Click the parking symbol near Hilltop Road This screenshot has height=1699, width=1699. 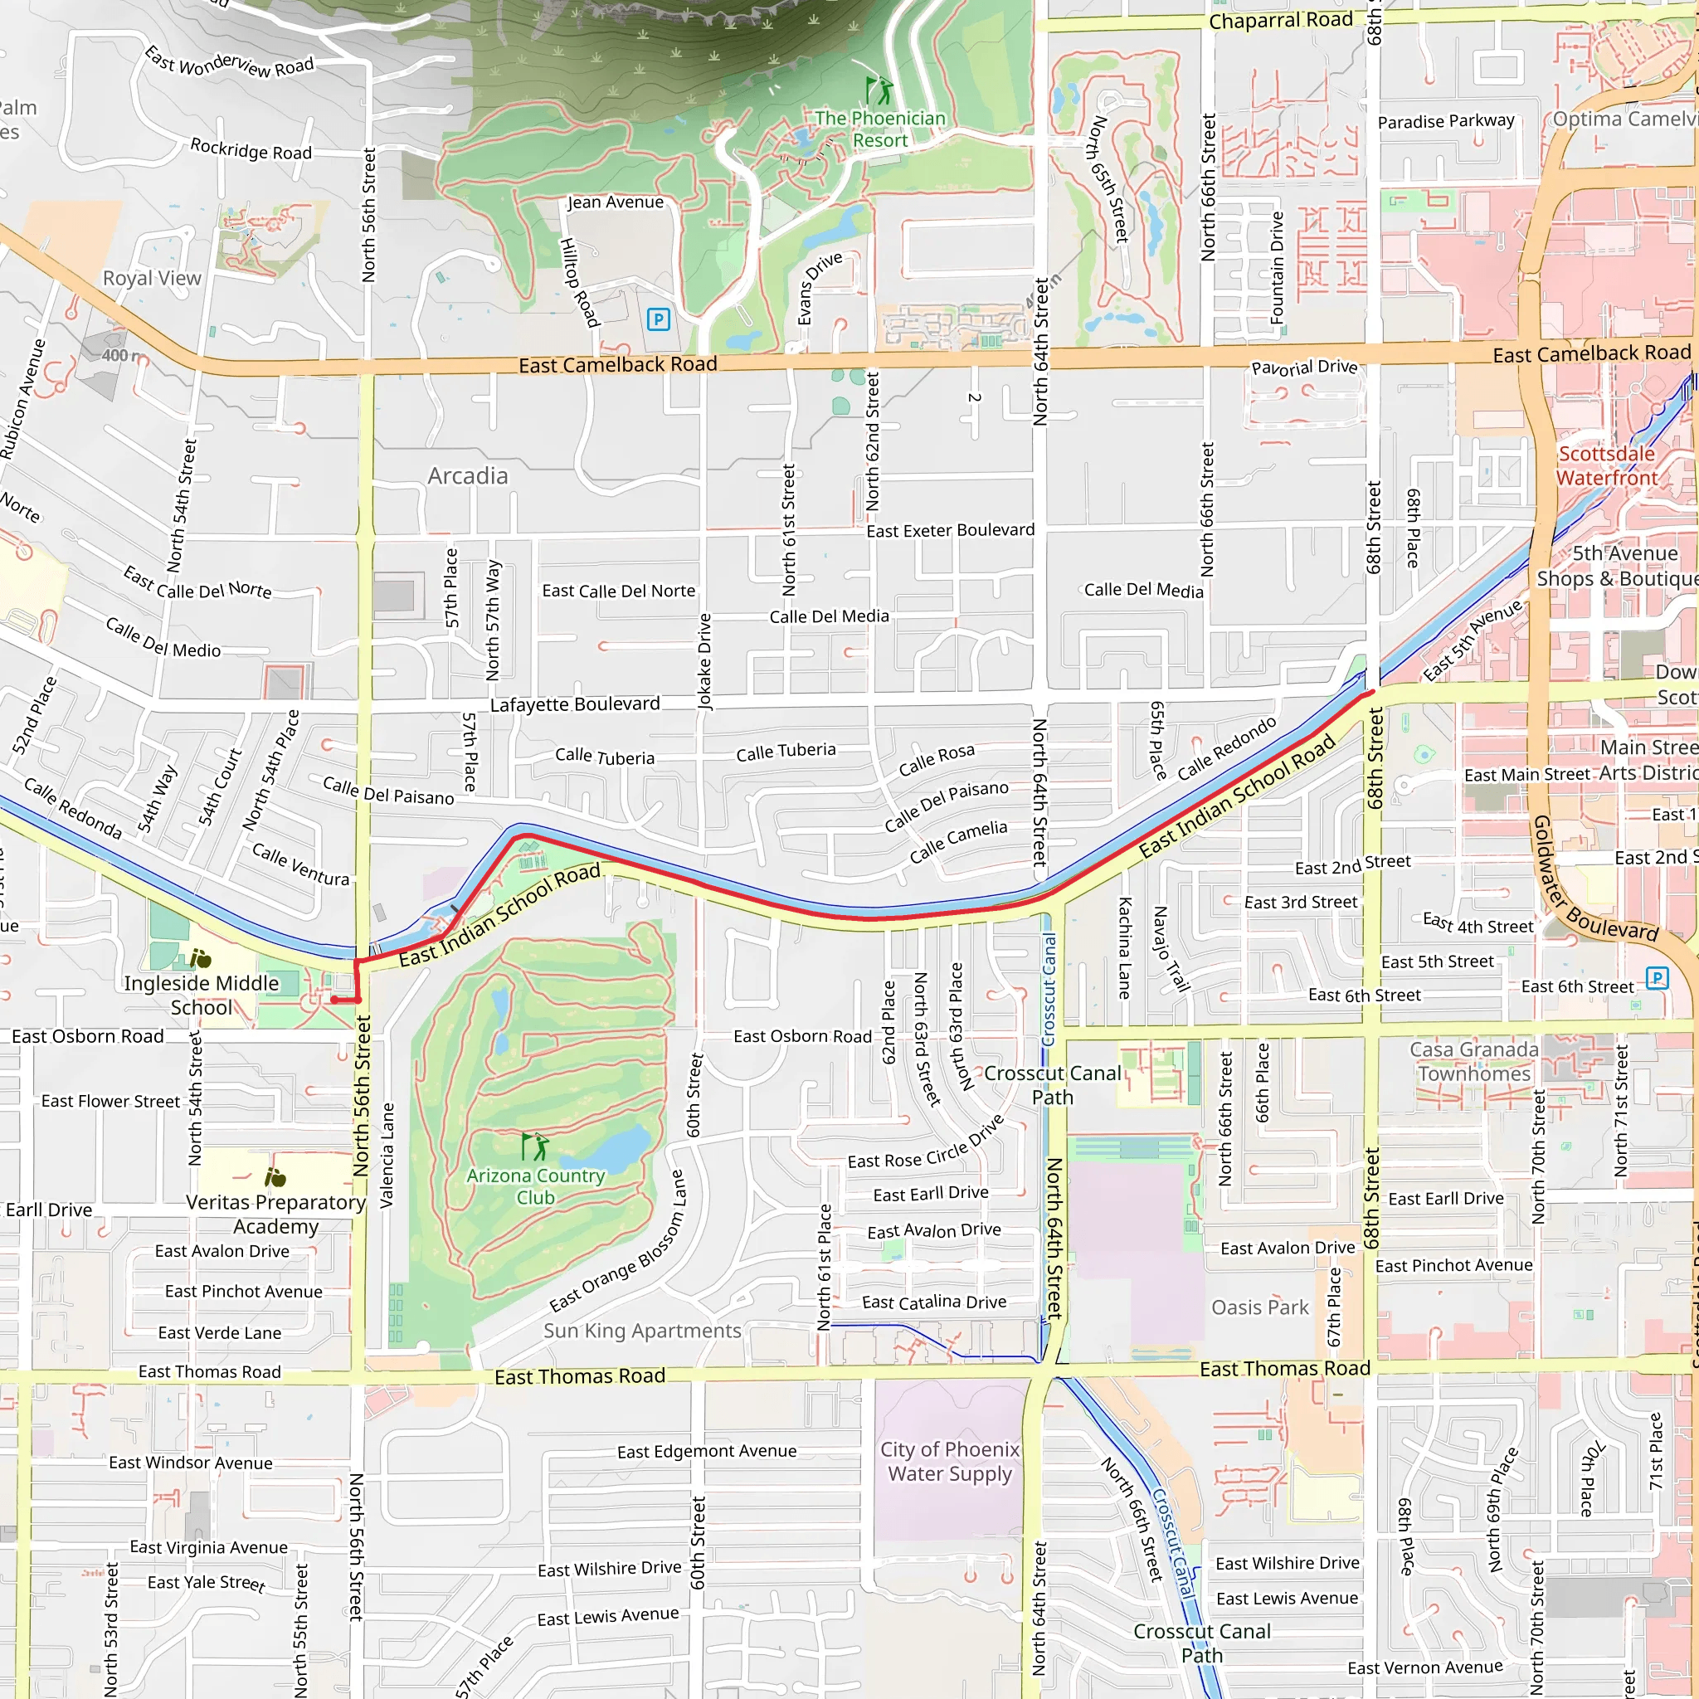[658, 319]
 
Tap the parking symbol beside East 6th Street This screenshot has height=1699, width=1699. [1657, 978]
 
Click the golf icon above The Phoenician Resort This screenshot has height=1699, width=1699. [879, 90]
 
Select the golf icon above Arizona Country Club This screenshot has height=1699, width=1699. [536, 1146]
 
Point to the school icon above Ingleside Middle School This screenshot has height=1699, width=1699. [201, 957]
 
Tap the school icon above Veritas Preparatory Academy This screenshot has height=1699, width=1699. [275, 1176]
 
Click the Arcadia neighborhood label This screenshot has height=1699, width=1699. [468, 475]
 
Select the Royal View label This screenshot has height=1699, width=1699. [152, 279]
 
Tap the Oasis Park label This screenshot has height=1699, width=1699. [1260, 1307]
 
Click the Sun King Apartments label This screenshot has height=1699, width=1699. [642, 1331]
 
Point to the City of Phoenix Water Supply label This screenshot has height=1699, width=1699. [950, 1462]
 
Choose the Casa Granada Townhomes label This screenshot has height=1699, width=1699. [1475, 1061]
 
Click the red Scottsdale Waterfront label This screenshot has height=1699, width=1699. [1607, 466]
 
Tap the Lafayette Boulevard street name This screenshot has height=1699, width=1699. [575, 704]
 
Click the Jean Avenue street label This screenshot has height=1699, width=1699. [616, 202]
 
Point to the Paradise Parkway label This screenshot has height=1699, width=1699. [1446, 121]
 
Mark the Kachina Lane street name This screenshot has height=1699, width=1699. [1124, 948]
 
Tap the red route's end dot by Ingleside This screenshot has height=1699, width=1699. [334, 1000]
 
